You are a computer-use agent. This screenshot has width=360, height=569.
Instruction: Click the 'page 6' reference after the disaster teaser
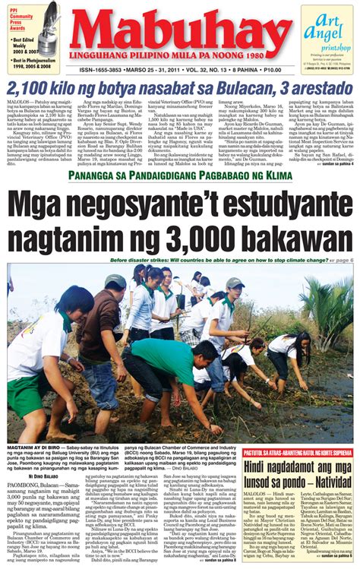[341, 260]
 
